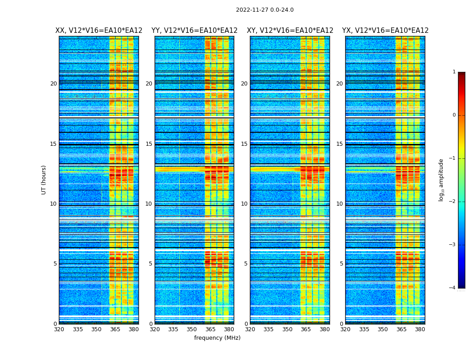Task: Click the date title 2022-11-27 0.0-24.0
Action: tap(264, 10)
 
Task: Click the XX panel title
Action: tap(99, 31)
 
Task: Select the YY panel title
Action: tap(194, 31)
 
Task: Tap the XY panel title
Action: tap(290, 31)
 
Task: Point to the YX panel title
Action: tap(385, 31)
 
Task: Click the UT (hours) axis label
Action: tap(44, 180)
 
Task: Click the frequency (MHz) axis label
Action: tap(217, 338)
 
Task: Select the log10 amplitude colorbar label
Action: tap(441, 180)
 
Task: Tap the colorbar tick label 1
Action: tap(454, 72)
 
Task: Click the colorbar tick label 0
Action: tap(454, 115)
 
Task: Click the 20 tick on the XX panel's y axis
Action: tap(53, 84)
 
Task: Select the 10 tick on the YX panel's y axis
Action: tap(340, 204)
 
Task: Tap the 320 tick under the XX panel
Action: tap(59, 329)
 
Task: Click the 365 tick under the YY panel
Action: tap(210, 329)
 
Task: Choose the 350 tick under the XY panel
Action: tap(287, 329)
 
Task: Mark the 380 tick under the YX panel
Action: tap(420, 329)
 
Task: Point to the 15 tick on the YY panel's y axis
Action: tap(149, 144)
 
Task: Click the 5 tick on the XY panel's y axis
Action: tap(246, 264)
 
